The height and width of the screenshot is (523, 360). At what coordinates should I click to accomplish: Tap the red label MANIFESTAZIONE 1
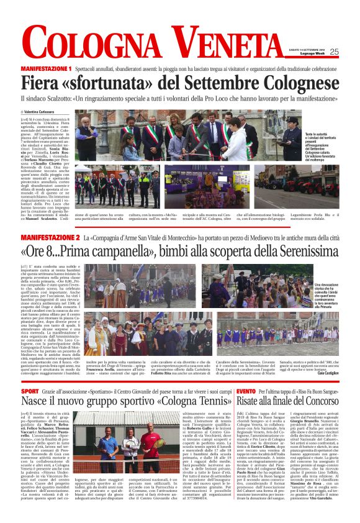(46, 68)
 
